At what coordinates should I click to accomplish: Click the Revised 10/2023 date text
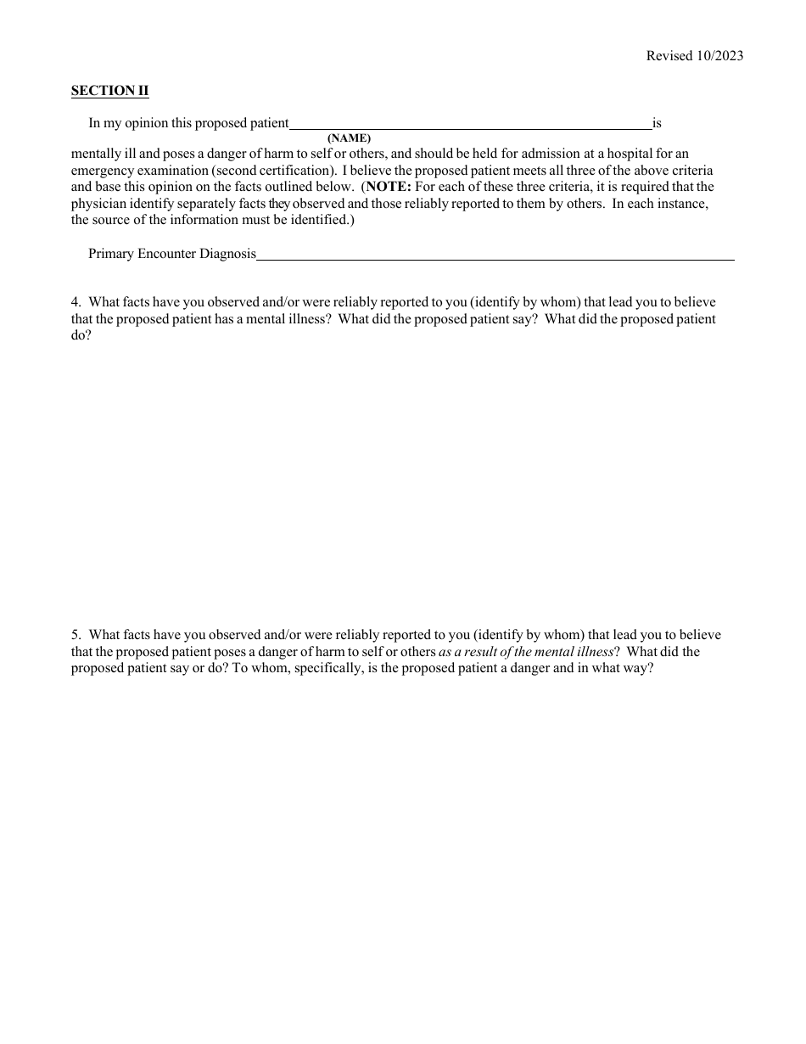pyautogui.click(x=694, y=56)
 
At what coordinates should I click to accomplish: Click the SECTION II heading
pyautogui.click(x=109, y=91)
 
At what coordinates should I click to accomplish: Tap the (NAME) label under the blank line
pyautogui.click(x=349, y=138)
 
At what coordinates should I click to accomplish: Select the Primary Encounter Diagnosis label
pyautogui.click(x=172, y=254)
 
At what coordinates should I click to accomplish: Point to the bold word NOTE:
pyautogui.click(x=389, y=187)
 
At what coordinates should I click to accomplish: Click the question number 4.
pyautogui.click(x=76, y=302)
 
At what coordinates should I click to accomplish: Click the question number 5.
pyautogui.click(x=76, y=635)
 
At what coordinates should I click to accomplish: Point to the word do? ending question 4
pyautogui.click(x=81, y=336)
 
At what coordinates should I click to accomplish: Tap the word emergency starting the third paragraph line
pyautogui.click(x=100, y=170)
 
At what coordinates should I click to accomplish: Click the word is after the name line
pyautogui.click(x=657, y=123)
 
